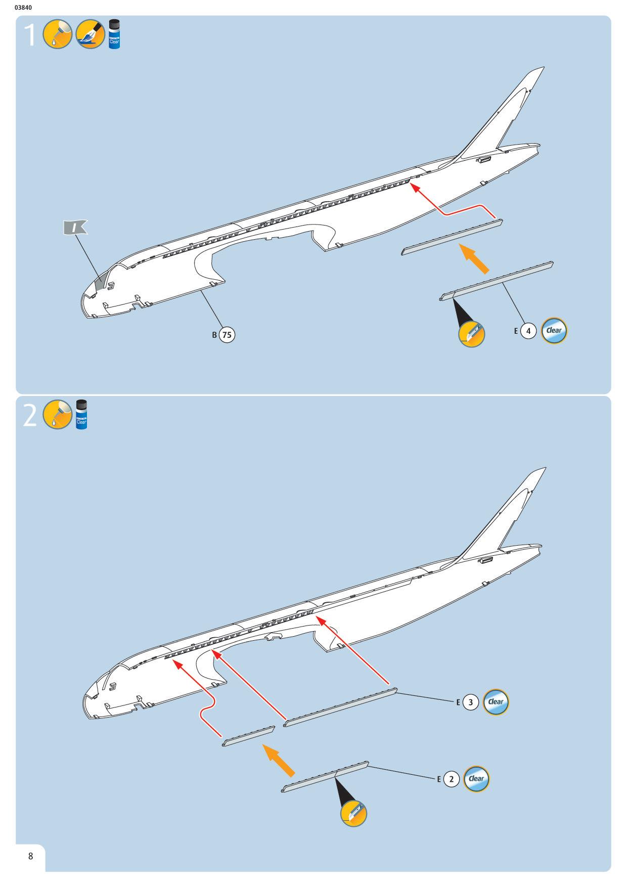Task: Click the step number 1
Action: click(31, 35)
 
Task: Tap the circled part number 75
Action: click(227, 334)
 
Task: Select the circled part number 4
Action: click(528, 331)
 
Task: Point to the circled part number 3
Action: click(471, 702)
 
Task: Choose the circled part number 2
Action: click(452, 779)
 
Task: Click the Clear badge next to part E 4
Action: click(554, 331)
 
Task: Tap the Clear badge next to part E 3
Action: click(496, 701)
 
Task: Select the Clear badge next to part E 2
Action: click(476, 779)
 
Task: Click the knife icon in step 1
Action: click(471, 334)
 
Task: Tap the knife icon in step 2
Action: click(353, 814)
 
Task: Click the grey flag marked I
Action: click(74, 228)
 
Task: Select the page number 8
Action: click(30, 856)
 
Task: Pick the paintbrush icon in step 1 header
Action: click(90, 34)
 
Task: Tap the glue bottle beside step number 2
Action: click(81, 415)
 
